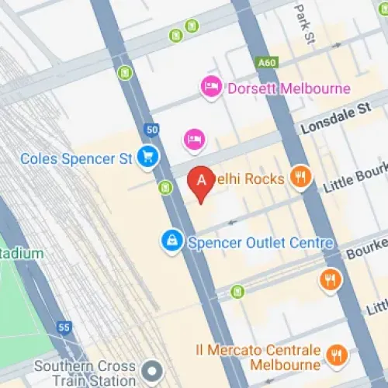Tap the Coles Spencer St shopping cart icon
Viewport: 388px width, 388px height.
coord(147,158)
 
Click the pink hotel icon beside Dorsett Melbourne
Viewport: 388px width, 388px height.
coord(210,87)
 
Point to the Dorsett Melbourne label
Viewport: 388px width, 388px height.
coord(288,88)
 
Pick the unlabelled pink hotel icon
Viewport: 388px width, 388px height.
coord(194,140)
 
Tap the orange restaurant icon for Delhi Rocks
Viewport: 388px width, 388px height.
coord(300,178)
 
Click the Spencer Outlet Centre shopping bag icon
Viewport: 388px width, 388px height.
coord(171,242)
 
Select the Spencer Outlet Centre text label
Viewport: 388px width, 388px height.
coord(261,243)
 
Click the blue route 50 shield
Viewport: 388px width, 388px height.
coord(151,130)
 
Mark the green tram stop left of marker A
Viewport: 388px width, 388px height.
coord(165,188)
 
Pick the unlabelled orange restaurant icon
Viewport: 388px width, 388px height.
coord(331,279)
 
